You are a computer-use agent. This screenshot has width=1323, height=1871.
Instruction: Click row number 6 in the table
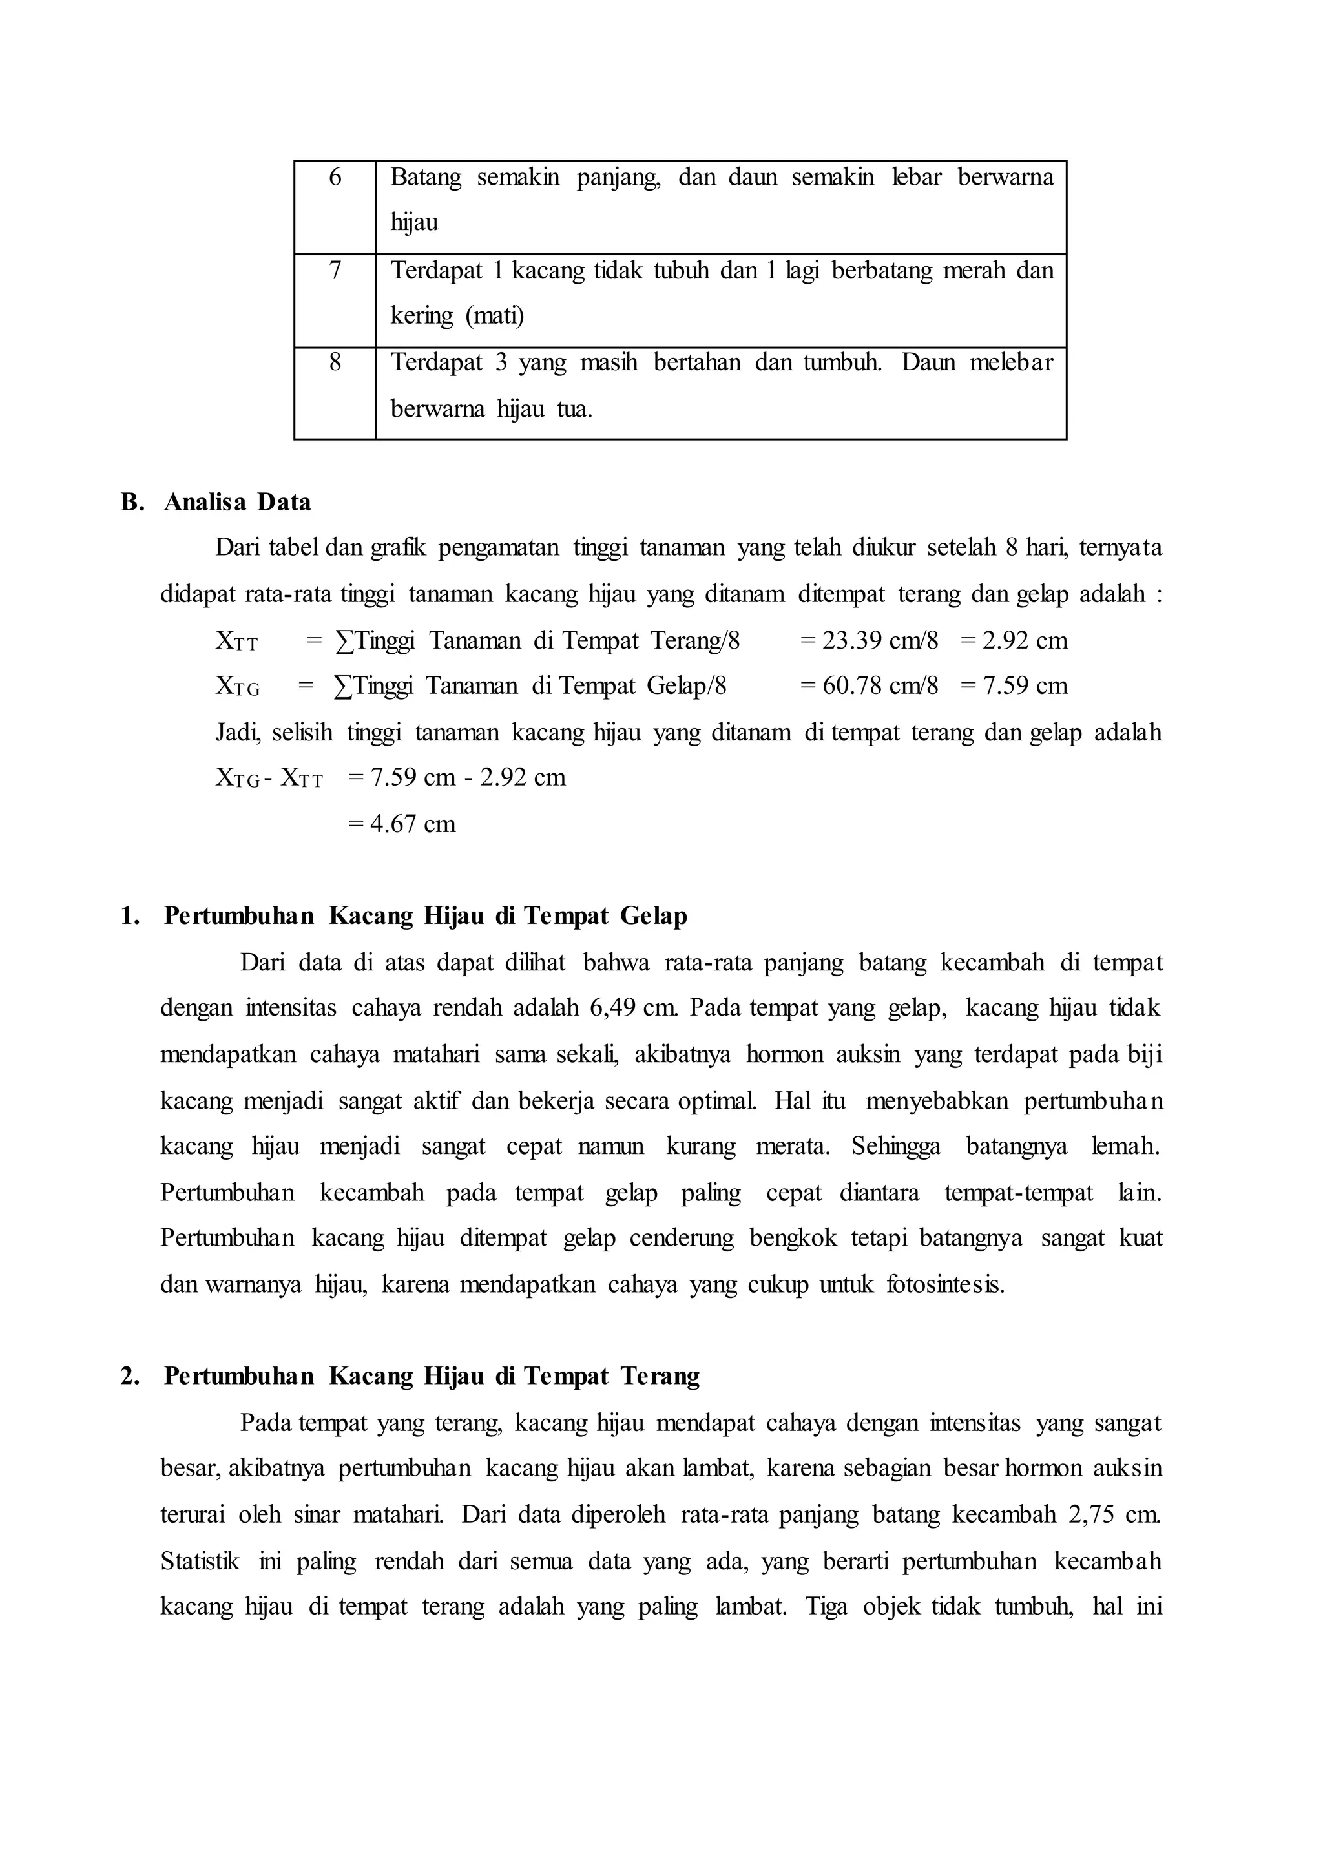335,177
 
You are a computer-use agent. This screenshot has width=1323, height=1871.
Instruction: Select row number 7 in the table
335,269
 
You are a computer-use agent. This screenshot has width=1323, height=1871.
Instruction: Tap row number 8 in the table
335,362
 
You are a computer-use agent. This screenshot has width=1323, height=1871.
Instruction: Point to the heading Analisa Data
237,502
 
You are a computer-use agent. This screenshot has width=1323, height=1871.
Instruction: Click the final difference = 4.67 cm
402,824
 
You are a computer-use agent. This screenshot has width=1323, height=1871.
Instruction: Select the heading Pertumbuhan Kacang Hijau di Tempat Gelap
425,916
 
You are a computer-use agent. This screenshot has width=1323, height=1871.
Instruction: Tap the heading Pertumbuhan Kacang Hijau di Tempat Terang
432,1376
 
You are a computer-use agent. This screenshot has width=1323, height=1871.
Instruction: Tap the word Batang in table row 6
425,177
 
